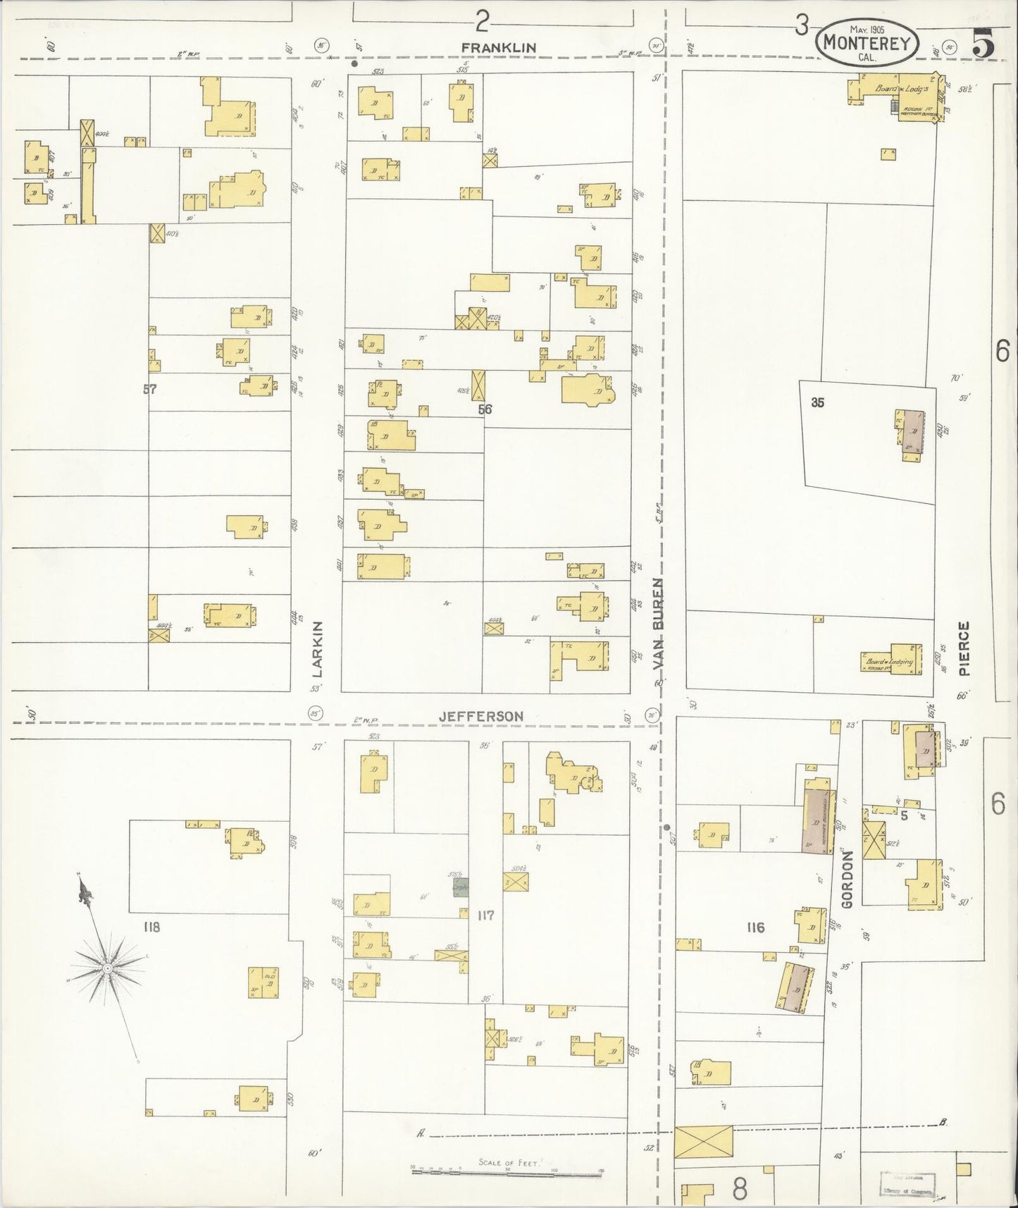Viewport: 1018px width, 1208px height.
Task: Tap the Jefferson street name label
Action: pyautogui.click(x=481, y=716)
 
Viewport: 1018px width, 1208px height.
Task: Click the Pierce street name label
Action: pyautogui.click(x=964, y=648)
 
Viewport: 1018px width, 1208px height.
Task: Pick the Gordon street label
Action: pyautogui.click(x=848, y=879)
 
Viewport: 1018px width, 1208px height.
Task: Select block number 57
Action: pyautogui.click(x=149, y=388)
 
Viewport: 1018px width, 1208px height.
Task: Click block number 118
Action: pyautogui.click(x=151, y=927)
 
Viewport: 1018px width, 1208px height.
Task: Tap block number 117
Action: pyautogui.click(x=485, y=916)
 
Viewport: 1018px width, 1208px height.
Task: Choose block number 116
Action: pyautogui.click(x=755, y=927)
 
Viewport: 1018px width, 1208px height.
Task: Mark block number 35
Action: pyautogui.click(x=817, y=402)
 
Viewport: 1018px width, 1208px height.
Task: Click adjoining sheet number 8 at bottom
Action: pyautogui.click(x=739, y=1189)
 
